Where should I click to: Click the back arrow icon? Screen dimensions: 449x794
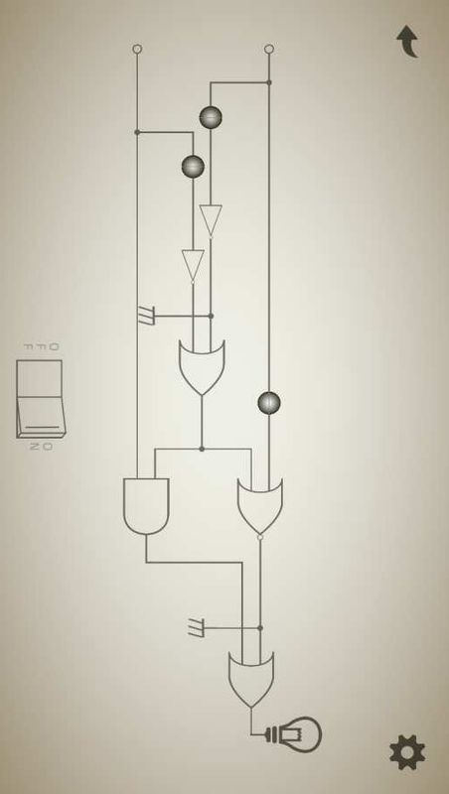click(x=408, y=42)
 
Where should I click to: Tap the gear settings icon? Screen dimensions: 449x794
click(x=407, y=752)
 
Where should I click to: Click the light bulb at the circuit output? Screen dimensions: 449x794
click(x=299, y=734)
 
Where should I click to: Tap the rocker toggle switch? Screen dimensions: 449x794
click(x=40, y=399)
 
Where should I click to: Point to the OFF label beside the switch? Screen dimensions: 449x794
click(x=41, y=346)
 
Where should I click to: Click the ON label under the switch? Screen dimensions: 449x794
click(x=41, y=447)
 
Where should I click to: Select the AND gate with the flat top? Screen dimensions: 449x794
click(x=146, y=506)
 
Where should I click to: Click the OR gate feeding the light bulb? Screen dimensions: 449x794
click(x=251, y=680)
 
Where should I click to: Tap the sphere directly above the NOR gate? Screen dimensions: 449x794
click(x=269, y=403)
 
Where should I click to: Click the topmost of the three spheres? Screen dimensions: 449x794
click(x=211, y=117)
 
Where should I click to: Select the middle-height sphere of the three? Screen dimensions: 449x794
click(x=193, y=167)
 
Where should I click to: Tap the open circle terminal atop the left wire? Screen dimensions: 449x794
click(x=137, y=49)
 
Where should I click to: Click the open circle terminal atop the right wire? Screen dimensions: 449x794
click(x=269, y=49)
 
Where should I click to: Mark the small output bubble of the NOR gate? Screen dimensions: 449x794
click(x=260, y=537)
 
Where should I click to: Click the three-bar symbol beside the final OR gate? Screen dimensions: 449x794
click(x=196, y=628)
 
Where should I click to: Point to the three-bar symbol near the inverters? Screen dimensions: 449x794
click(x=146, y=316)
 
